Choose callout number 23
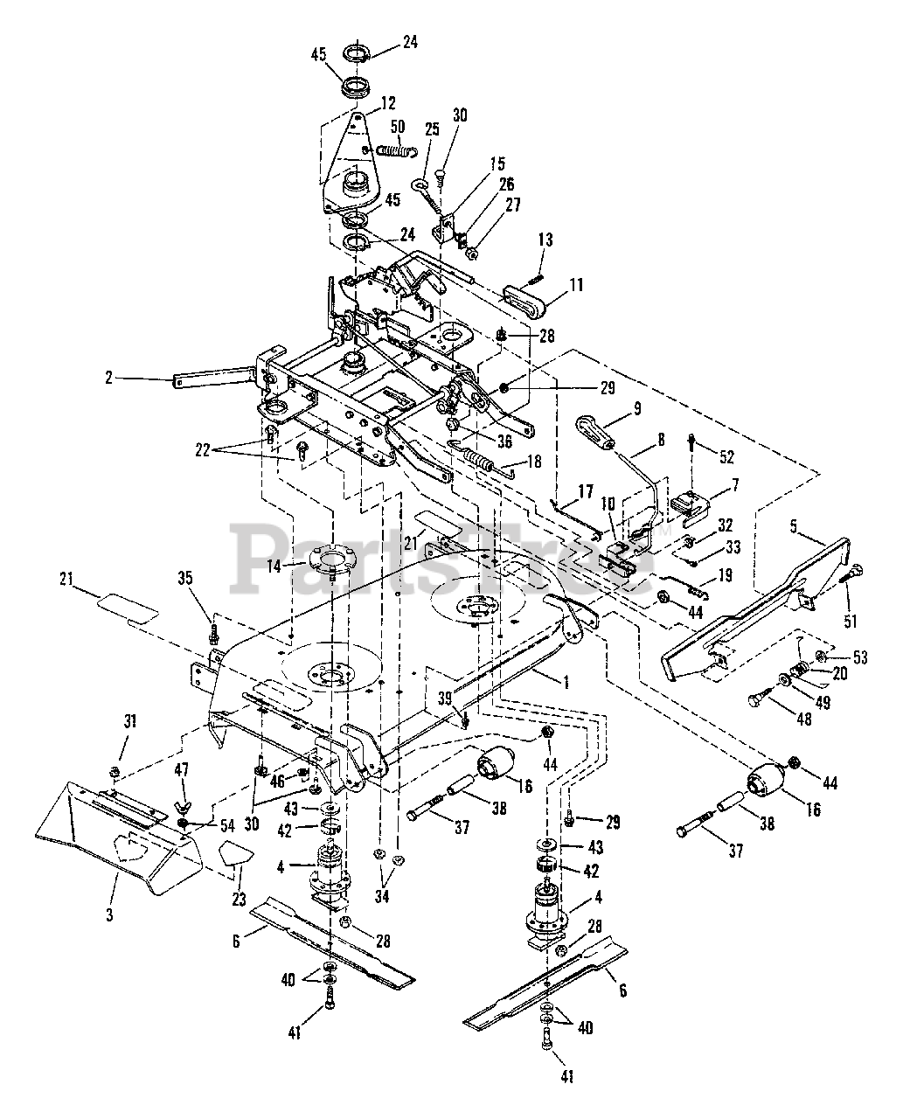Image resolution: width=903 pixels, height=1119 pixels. [237, 898]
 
